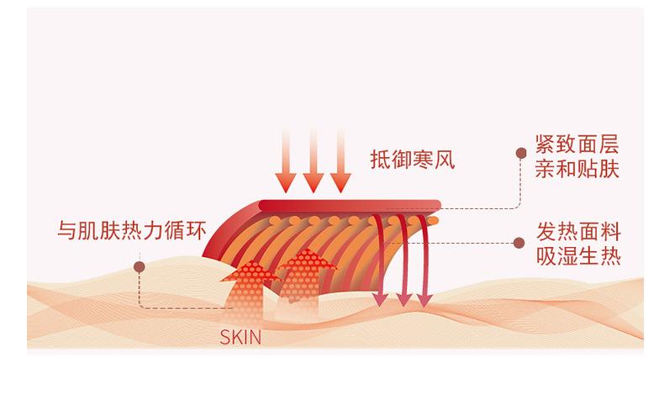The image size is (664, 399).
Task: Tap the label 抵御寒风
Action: point(412,159)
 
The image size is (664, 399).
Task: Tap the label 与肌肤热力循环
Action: point(132,228)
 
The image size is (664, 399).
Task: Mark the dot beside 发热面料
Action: point(519,244)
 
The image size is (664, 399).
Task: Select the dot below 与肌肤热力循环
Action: point(140,266)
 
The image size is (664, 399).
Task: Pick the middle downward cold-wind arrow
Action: point(314,176)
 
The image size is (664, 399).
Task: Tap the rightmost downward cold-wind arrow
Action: point(340,176)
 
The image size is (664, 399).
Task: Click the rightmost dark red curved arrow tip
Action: point(424,299)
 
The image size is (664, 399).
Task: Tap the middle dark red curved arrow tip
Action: point(403,299)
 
